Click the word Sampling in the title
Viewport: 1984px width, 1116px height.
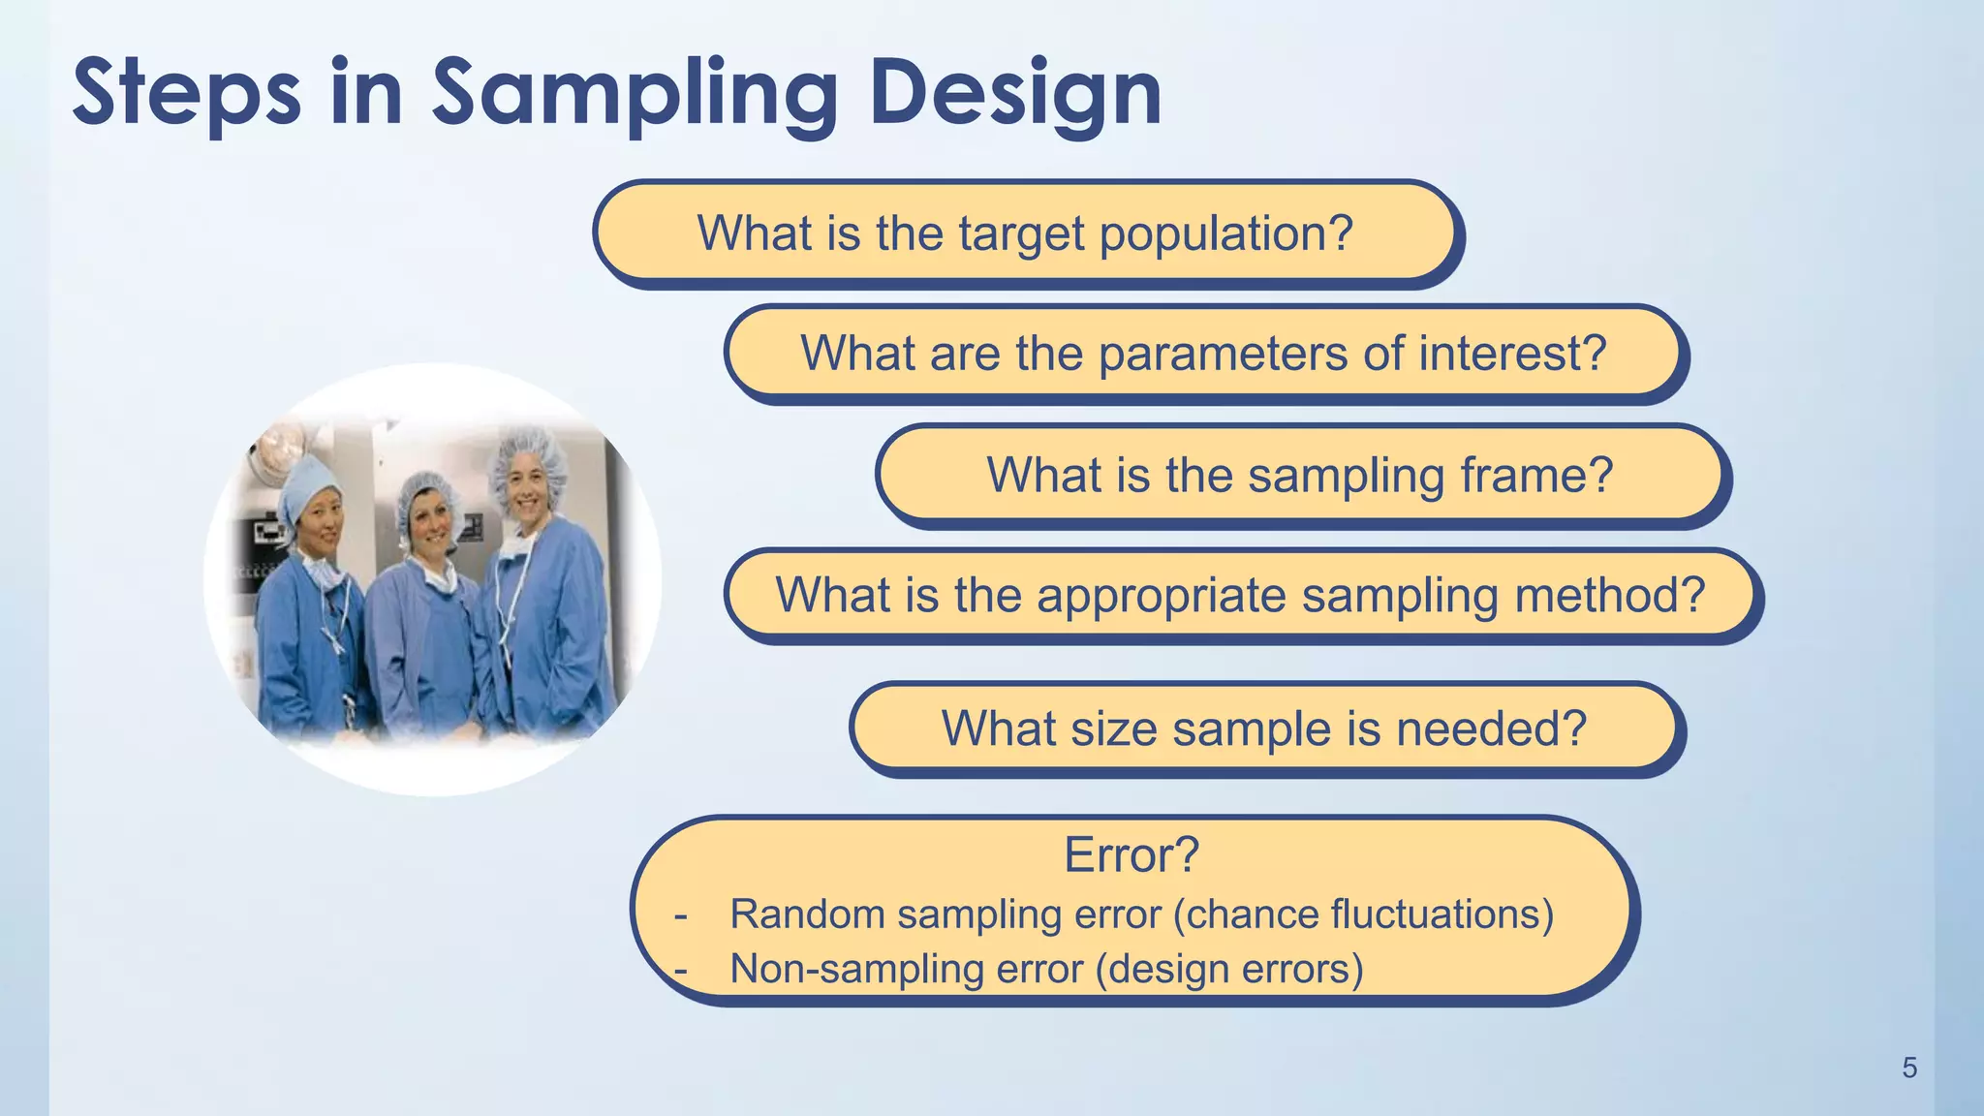coord(635,94)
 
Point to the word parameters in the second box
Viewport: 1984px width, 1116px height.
coord(1223,355)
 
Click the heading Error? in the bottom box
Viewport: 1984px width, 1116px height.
coord(1131,855)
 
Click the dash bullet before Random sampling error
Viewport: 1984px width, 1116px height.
coord(681,915)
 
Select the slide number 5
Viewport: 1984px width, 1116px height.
coord(1909,1068)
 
